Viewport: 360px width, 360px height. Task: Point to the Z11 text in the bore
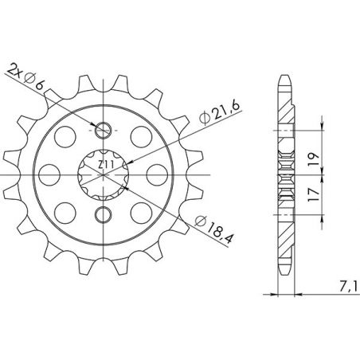[x=105, y=166]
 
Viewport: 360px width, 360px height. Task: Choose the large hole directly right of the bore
[x=159, y=173]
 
